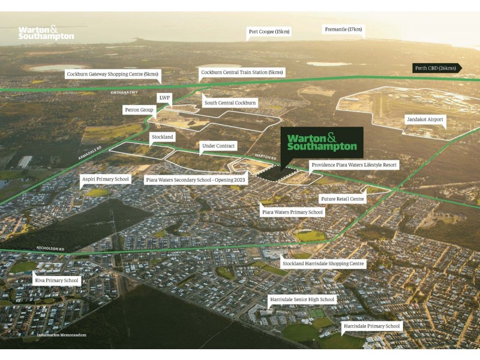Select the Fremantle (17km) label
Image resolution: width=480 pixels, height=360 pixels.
[x=343, y=29]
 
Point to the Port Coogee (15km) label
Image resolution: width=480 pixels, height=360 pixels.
[x=269, y=31]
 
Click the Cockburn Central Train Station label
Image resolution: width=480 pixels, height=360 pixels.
[x=242, y=72]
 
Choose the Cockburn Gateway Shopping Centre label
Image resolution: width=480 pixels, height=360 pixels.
[x=113, y=74]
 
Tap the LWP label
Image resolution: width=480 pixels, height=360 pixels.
[x=164, y=97]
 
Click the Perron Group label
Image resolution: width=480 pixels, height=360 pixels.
[x=139, y=110]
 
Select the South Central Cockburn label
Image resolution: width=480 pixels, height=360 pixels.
[x=230, y=103]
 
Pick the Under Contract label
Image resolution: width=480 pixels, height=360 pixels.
[x=219, y=146]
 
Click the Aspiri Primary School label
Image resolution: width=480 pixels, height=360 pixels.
[x=106, y=179]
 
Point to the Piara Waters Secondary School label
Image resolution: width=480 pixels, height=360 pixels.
[x=187, y=179]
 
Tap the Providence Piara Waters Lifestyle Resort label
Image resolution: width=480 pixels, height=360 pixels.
[x=353, y=164]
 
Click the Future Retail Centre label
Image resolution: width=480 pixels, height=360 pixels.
[x=341, y=198]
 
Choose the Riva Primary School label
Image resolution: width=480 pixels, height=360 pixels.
[x=56, y=280]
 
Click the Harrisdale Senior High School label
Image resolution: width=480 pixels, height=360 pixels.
[x=302, y=299]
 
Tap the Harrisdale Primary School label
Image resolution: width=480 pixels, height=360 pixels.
[x=371, y=326]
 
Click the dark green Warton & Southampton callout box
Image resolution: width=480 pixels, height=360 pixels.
[x=322, y=142]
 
